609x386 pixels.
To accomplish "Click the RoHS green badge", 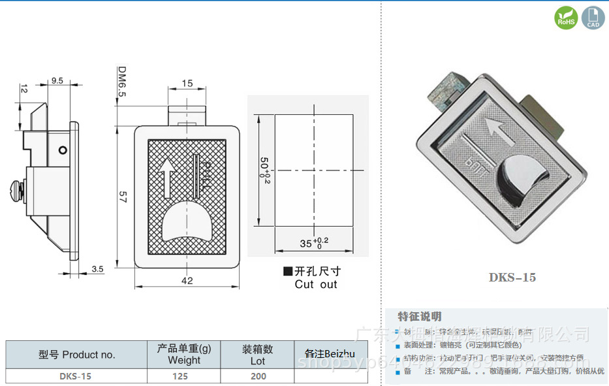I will [x=565, y=18].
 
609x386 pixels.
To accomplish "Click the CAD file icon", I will [x=593, y=18].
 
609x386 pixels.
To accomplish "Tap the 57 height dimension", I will [x=121, y=197].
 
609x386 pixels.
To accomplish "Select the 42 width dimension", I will [x=187, y=281].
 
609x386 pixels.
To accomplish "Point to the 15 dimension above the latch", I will [x=187, y=83].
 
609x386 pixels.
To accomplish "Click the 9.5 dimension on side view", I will [x=57, y=81].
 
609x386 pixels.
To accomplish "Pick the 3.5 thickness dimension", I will [x=97, y=268].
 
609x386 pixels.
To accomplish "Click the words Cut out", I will [x=316, y=284].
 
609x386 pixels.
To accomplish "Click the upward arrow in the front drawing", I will [x=166, y=178].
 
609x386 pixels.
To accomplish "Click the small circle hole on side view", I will [x=62, y=150].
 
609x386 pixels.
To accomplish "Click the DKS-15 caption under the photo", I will [x=512, y=277].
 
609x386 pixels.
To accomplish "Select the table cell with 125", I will [x=180, y=376].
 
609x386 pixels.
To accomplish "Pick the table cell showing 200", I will [x=258, y=376].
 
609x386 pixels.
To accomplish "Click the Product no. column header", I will [x=76, y=355].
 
